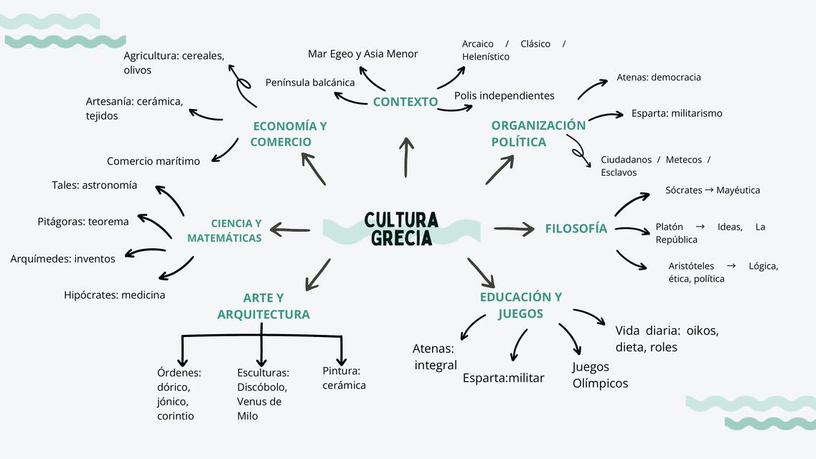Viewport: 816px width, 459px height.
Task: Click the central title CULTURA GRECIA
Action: (x=401, y=229)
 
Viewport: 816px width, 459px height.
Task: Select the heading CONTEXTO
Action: (x=405, y=102)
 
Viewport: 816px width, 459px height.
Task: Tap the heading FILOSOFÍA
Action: (x=576, y=229)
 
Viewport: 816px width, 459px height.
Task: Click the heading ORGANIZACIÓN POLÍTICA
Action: (x=538, y=133)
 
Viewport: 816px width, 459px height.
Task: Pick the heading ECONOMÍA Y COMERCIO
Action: (x=289, y=134)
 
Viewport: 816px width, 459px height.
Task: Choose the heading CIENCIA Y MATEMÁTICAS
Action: (x=225, y=231)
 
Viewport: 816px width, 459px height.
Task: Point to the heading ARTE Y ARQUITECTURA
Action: (x=263, y=306)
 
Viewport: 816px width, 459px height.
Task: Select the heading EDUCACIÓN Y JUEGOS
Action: (x=520, y=305)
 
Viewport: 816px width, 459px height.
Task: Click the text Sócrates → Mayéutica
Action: (x=712, y=190)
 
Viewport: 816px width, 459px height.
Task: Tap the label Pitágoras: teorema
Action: (x=83, y=222)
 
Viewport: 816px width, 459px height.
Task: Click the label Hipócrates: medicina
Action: (x=114, y=295)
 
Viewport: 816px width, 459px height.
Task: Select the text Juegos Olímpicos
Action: (x=599, y=375)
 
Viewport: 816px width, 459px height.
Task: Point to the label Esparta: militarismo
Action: (x=677, y=113)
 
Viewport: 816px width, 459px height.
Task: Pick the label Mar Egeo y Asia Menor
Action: (x=362, y=54)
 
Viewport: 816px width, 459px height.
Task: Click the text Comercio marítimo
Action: (x=154, y=161)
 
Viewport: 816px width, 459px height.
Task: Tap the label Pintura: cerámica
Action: (x=344, y=378)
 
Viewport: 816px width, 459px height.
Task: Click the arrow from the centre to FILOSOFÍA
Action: (x=514, y=229)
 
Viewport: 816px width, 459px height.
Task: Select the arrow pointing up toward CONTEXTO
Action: (x=406, y=157)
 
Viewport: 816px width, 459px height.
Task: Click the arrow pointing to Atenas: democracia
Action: (x=592, y=89)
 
